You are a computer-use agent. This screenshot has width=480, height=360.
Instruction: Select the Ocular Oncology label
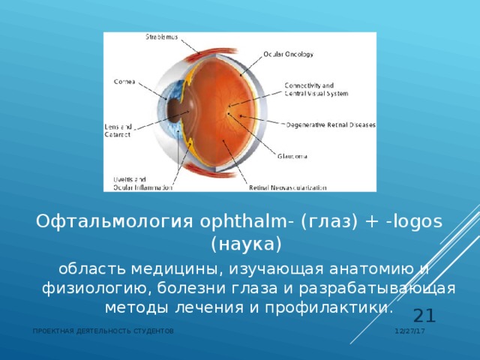coord(289,54)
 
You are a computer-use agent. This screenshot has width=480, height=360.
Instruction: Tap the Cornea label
coord(124,81)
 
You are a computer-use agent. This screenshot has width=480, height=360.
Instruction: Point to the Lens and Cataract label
coord(118,130)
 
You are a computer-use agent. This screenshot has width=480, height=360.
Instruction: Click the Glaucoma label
coord(292,156)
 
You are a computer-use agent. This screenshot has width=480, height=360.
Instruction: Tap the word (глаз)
coord(326,223)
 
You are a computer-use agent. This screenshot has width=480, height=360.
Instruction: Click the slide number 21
coord(424,316)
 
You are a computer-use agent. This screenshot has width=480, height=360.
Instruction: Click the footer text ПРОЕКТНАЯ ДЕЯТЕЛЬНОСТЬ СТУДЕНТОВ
coord(104,331)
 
